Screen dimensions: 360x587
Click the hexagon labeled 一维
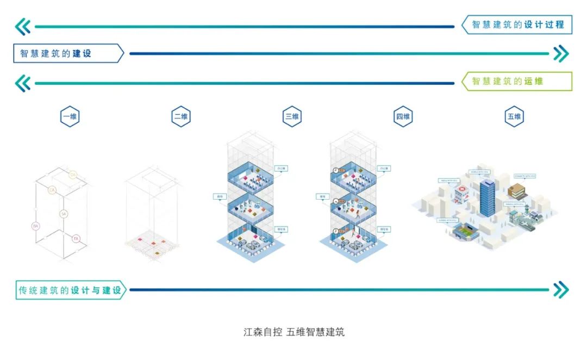click(70, 117)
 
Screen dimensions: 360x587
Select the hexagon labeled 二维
click(181, 117)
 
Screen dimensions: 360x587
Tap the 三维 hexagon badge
click(292, 117)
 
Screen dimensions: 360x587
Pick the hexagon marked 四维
click(403, 117)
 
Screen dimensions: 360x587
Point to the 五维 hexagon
click(514, 117)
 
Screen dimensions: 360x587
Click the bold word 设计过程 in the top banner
click(544, 25)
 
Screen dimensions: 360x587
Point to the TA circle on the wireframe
click(73, 175)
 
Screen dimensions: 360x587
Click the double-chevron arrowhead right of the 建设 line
click(560, 54)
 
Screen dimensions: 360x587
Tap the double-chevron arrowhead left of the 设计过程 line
click(23, 26)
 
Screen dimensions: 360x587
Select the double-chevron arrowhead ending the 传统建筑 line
click(560, 290)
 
